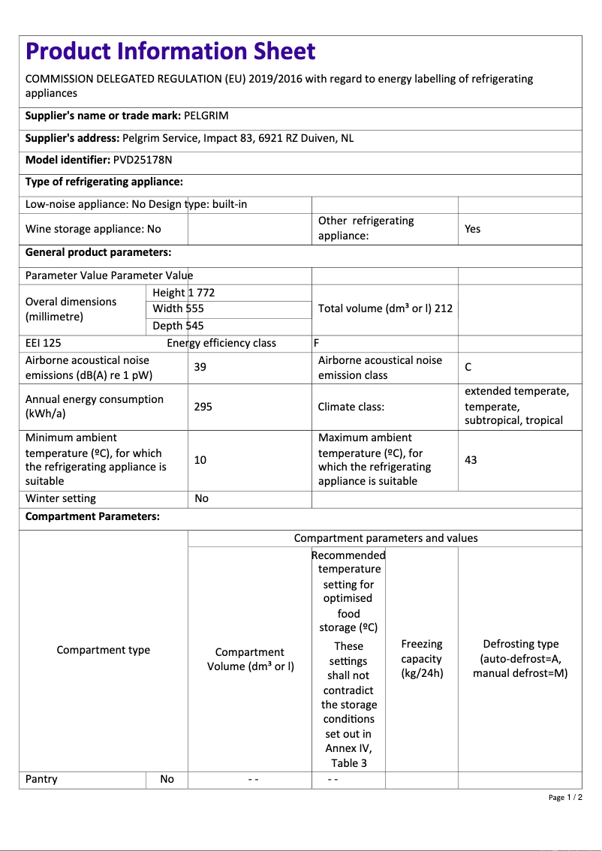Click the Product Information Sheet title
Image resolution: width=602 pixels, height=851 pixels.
pyautogui.click(x=170, y=51)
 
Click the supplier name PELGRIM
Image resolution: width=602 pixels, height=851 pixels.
pyautogui.click(x=206, y=116)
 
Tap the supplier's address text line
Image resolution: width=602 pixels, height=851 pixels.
pyautogui.click(x=189, y=138)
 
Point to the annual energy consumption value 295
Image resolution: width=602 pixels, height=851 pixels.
pyautogui.click(x=203, y=407)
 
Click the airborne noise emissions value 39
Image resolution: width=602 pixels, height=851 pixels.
pyautogui.click(x=200, y=367)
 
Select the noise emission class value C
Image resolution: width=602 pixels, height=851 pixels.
pyautogui.click(x=468, y=367)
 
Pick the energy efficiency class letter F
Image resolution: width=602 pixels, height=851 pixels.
pyautogui.click(x=317, y=343)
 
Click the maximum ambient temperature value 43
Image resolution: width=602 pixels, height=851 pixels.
pyautogui.click(x=471, y=459)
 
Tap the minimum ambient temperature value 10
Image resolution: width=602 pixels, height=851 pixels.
pyautogui.click(x=200, y=459)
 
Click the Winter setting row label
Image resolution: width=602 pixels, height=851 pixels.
pyautogui.click(x=61, y=498)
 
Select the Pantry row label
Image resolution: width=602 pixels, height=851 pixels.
pyautogui.click(x=41, y=779)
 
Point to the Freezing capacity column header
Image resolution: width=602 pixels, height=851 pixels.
pyautogui.click(x=422, y=658)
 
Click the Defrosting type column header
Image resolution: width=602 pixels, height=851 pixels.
pyautogui.click(x=520, y=658)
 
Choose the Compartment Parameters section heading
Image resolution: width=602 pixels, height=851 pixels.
pyautogui.click(x=92, y=516)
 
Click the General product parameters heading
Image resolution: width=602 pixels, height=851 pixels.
pyautogui.click(x=98, y=252)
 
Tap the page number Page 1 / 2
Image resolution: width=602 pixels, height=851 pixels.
pyautogui.click(x=565, y=797)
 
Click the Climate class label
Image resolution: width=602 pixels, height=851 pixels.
pyautogui.click(x=351, y=407)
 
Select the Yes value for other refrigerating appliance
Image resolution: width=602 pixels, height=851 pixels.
pyautogui.click(x=472, y=229)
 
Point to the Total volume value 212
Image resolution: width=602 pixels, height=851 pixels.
pyautogui.click(x=443, y=308)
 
